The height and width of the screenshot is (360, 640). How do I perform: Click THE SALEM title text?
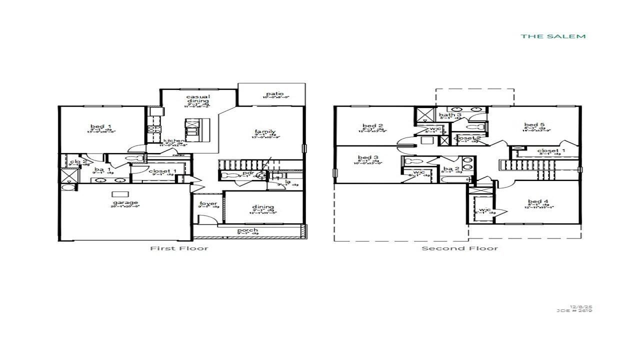click(553, 36)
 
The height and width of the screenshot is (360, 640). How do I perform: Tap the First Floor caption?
click(179, 248)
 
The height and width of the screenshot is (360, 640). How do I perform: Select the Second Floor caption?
click(459, 248)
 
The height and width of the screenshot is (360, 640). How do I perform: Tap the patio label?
click(275, 93)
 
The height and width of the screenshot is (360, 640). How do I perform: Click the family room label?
click(265, 131)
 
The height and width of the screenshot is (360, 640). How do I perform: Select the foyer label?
click(208, 203)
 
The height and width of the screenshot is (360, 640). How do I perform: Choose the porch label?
click(247, 230)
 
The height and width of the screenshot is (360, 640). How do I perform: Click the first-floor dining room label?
click(263, 207)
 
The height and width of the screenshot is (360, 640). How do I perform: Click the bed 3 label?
click(368, 157)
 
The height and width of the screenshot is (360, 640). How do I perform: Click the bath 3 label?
click(450, 115)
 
